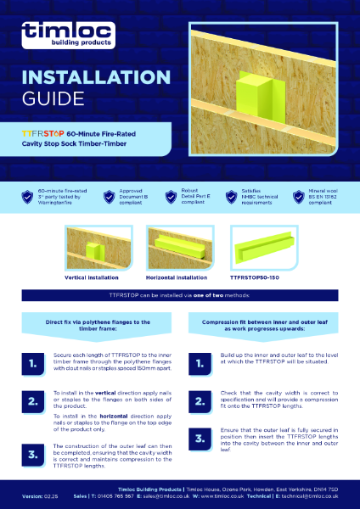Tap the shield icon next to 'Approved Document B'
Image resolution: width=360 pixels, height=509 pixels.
point(108,197)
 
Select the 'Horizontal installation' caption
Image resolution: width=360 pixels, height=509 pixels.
point(177,276)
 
